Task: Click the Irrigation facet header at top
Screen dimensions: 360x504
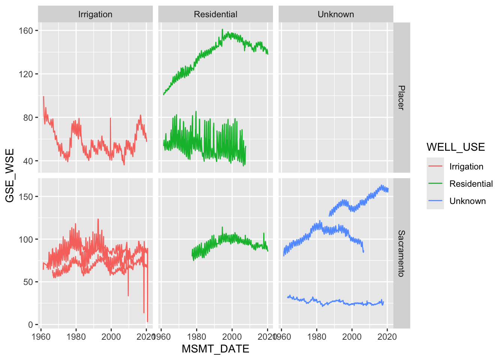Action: [95, 14]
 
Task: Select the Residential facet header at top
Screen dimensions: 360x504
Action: [216, 14]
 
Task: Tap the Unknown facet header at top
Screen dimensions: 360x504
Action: [336, 14]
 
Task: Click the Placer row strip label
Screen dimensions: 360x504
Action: [401, 97]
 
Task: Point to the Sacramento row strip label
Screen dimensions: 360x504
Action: [401, 253]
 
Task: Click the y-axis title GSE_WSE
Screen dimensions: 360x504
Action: [10, 175]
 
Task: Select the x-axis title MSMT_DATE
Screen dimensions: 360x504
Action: [216, 349]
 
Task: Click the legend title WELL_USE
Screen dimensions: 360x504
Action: [456, 147]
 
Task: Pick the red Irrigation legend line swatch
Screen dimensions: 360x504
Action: [435, 166]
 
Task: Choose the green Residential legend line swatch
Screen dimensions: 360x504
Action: [435, 184]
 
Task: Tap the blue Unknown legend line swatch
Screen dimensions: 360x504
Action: [435, 201]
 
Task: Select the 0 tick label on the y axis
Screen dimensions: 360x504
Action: [30, 325]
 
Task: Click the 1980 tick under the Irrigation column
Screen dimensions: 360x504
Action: [76, 336]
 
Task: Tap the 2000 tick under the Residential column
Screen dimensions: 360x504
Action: [232, 336]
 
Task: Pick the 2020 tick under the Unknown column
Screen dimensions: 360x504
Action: [387, 336]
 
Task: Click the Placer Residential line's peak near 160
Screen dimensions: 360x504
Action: [222, 29]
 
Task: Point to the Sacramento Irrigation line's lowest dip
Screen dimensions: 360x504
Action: [147, 321]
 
